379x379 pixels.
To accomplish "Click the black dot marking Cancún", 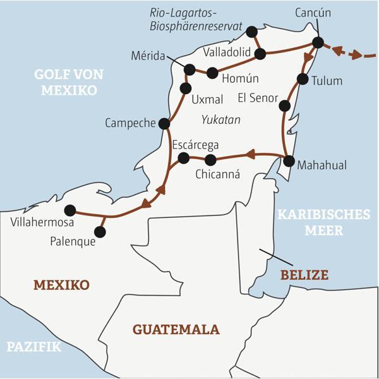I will [318, 42].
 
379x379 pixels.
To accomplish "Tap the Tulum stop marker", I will [303, 80].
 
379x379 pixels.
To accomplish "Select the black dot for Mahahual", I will [289, 160].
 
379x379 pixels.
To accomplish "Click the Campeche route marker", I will [164, 124].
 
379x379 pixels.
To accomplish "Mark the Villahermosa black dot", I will [70, 210].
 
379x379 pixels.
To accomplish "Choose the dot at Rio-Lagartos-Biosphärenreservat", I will [252, 32].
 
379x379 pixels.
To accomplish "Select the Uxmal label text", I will [207, 99].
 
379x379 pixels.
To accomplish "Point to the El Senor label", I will [257, 99].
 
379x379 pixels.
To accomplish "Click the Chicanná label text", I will [218, 174].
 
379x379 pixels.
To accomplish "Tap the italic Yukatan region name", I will [220, 119].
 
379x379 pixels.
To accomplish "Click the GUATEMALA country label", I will [176, 329].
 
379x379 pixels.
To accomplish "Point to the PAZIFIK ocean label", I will [33, 346].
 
